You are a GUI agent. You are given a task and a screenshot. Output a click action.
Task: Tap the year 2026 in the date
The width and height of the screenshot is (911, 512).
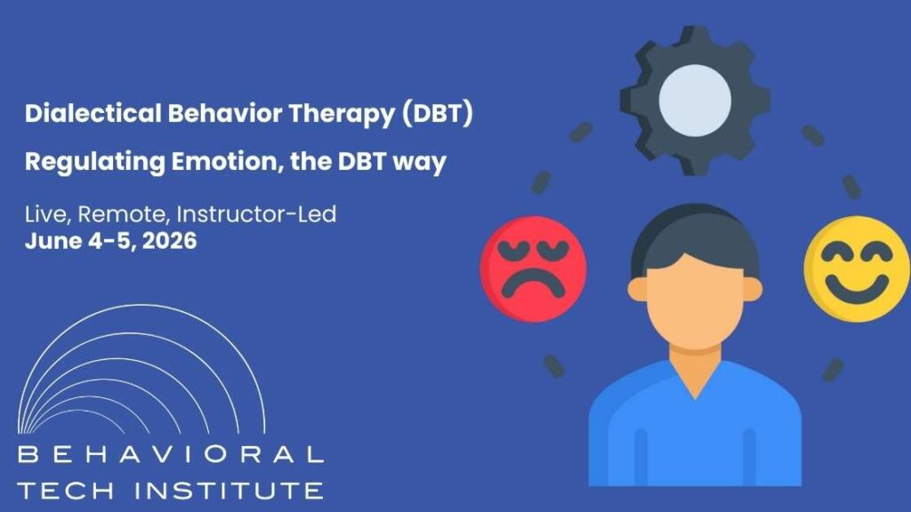pyautogui.click(x=168, y=240)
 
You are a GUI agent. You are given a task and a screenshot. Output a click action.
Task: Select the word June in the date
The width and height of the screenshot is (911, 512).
pyautogui.click(x=48, y=240)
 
